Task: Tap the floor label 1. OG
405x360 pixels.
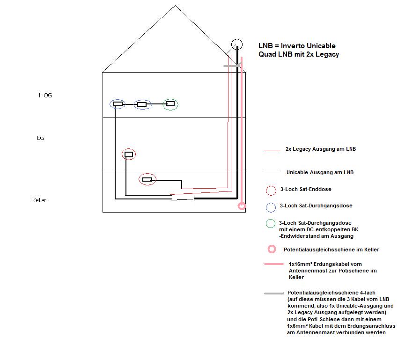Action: tap(45, 96)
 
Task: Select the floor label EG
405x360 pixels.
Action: tap(40, 138)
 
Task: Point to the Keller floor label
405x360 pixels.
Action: tap(39, 200)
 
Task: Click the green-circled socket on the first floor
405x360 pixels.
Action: tap(170, 104)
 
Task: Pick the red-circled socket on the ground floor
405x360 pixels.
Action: tap(129, 154)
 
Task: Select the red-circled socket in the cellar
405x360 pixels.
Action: tap(147, 179)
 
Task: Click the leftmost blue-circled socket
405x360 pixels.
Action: tap(118, 104)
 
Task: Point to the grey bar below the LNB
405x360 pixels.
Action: tap(232, 66)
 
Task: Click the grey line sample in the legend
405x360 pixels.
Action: tap(274, 294)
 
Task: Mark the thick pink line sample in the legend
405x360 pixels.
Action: tap(273, 264)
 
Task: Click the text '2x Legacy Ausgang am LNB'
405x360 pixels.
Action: tap(321, 149)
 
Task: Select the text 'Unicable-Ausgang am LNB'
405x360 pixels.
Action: tap(320, 172)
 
